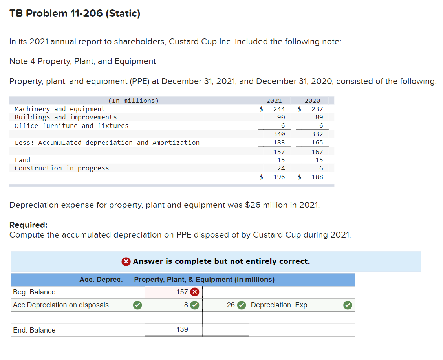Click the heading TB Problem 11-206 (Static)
(75, 14)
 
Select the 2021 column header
(274, 101)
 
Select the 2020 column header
(312, 101)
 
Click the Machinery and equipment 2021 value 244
(279, 109)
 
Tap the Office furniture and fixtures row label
(71, 126)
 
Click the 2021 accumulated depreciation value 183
(279, 143)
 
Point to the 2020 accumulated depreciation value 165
(317, 143)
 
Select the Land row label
(22, 160)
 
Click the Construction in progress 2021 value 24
(281, 168)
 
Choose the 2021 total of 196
(279, 177)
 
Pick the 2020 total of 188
(317, 177)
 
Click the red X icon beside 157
(194, 292)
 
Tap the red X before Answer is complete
(126, 261)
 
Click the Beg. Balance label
(34, 292)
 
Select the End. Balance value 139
(182, 330)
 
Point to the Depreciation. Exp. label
(280, 305)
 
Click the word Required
(28, 225)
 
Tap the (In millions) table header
(133, 101)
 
